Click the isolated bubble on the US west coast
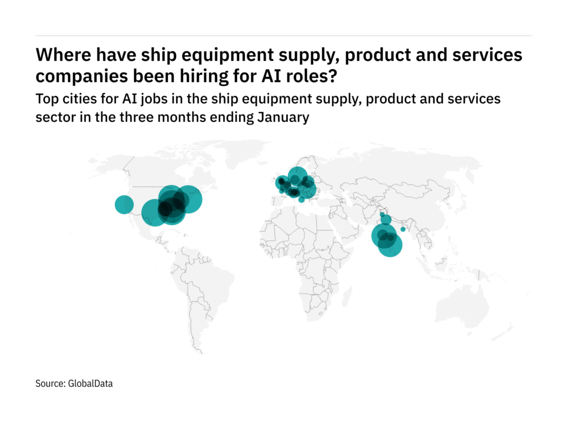124,205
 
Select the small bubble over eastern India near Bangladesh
403,229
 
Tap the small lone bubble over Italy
301,200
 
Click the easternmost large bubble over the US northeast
188,199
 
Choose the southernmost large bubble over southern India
390,245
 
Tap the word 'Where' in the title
60,55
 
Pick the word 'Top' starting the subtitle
46,100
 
